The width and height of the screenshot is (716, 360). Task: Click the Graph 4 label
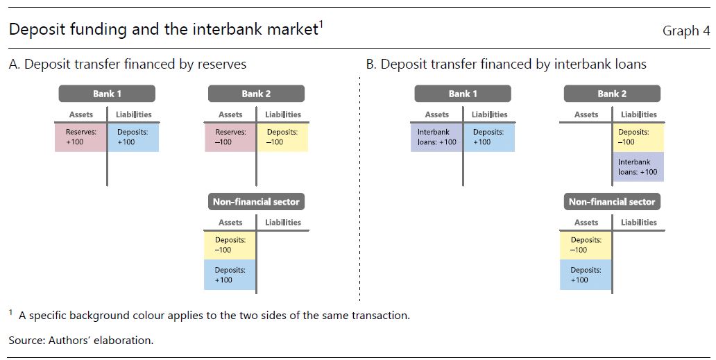[686, 31]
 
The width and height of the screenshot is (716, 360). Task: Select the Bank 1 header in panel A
[107, 94]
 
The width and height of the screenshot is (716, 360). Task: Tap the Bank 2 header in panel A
[256, 94]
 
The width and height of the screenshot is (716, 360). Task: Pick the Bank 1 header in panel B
[463, 94]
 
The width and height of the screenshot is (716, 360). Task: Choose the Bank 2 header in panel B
[612, 94]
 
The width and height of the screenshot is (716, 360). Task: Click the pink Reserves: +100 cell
[80, 137]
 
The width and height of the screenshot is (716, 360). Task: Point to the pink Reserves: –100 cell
[230, 137]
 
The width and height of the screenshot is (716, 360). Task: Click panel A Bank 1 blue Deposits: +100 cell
[133, 137]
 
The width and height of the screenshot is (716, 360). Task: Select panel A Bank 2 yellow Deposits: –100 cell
[282, 137]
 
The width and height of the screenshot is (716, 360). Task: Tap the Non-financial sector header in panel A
[256, 202]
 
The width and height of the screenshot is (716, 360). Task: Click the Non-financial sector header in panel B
[612, 202]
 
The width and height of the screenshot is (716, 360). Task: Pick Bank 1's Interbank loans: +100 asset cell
[436, 137]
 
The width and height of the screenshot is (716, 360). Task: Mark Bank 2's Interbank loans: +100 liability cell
[638, 167]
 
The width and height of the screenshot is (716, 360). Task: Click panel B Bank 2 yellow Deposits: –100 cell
[638, 137]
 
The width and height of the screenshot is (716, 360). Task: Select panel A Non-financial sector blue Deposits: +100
[230, 275]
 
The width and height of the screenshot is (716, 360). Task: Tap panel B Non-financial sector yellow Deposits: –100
[586, 245]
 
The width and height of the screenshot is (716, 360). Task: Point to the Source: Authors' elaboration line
[80, 341]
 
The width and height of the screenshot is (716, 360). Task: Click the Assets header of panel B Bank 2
[586, 114]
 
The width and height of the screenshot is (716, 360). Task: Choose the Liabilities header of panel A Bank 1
[133, 114]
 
